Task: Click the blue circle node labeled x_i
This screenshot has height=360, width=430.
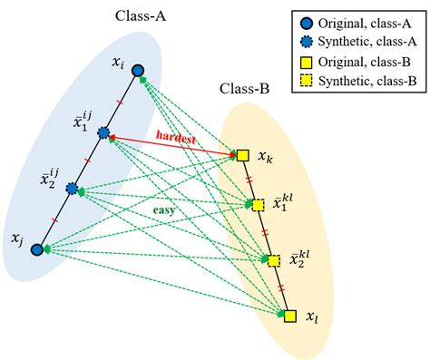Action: coord(136,70)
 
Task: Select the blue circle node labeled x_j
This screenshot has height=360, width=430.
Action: coord(37,248)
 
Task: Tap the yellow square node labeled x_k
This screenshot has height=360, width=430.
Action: coord(242,155)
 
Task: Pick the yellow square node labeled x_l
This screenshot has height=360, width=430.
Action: coord(289,316)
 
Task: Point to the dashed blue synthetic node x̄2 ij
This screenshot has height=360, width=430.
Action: coord(72,191)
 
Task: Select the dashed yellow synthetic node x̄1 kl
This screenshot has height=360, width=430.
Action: coord(258,206)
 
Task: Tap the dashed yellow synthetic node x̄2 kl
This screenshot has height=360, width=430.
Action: coord(274,261)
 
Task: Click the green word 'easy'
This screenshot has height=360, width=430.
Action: coord(163,213)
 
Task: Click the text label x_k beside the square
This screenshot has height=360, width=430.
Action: coord(265,157)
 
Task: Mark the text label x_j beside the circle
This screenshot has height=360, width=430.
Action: coord(17,238)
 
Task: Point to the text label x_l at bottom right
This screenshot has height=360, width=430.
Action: coord(312,318)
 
